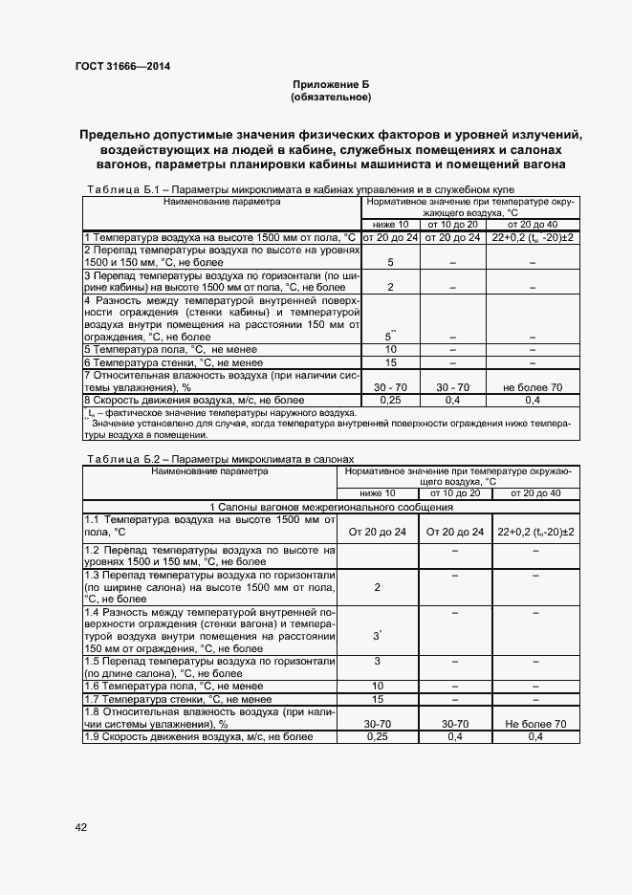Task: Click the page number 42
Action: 80,825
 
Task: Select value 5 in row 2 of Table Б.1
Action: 390,261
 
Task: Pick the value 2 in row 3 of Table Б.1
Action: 390,286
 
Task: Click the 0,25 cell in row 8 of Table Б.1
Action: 390,400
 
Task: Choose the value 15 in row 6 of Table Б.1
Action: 390,362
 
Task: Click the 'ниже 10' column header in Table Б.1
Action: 390,223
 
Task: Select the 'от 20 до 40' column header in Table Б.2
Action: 535,492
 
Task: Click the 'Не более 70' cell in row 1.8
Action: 535,725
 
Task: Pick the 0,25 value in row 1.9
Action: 377,737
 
